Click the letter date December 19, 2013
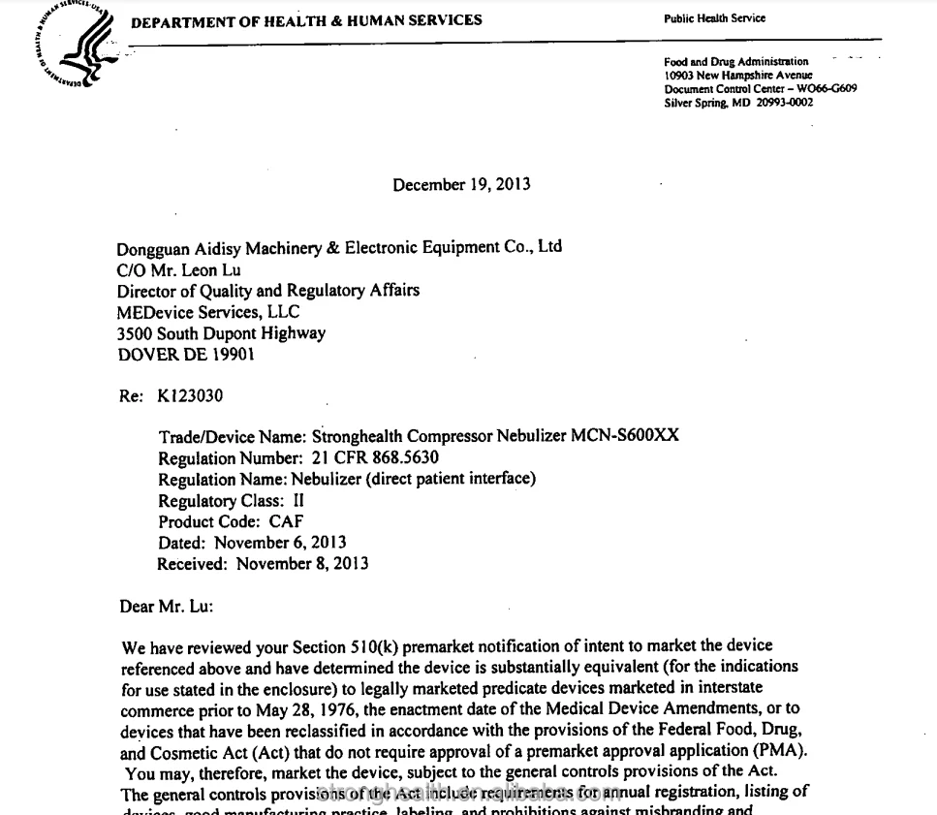(461, 185)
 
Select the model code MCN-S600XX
(625, 435)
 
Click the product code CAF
(286, 521)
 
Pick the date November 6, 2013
(280, 543)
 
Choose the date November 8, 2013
(302, 564)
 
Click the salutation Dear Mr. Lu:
(166, 607)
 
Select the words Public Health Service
(714, 19)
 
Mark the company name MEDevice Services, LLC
(208, 312)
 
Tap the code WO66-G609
(827, 89)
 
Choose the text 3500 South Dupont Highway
(221, 333)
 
